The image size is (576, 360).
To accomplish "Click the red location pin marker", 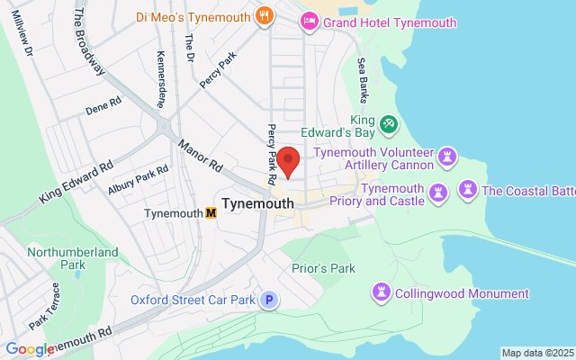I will (288, 160).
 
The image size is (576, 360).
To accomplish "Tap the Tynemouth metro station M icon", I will (211, 213).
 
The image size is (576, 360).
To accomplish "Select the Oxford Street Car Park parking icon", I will (267, 300).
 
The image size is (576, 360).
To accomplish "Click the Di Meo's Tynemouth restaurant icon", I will (264, 14).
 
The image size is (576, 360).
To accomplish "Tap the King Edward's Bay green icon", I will (388, 122).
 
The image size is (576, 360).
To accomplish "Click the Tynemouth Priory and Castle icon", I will (438, 192).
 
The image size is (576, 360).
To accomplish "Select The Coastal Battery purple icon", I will (467, 189).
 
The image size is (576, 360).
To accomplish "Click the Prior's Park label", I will (324, 268).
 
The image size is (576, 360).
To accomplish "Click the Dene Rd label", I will (103, 106).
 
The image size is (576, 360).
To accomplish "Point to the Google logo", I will (30, 349).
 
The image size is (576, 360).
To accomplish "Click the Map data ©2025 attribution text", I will (537, 353).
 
